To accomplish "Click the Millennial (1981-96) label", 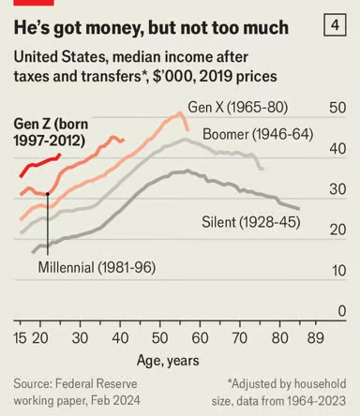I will point(97,267).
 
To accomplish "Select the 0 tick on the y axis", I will point(342,311).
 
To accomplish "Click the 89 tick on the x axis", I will point(317,337).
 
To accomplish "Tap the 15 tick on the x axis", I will point(21,337).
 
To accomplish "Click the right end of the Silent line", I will point(299,208).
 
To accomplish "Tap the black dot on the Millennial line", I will point(47,194).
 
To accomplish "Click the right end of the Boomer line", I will point(262,169).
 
